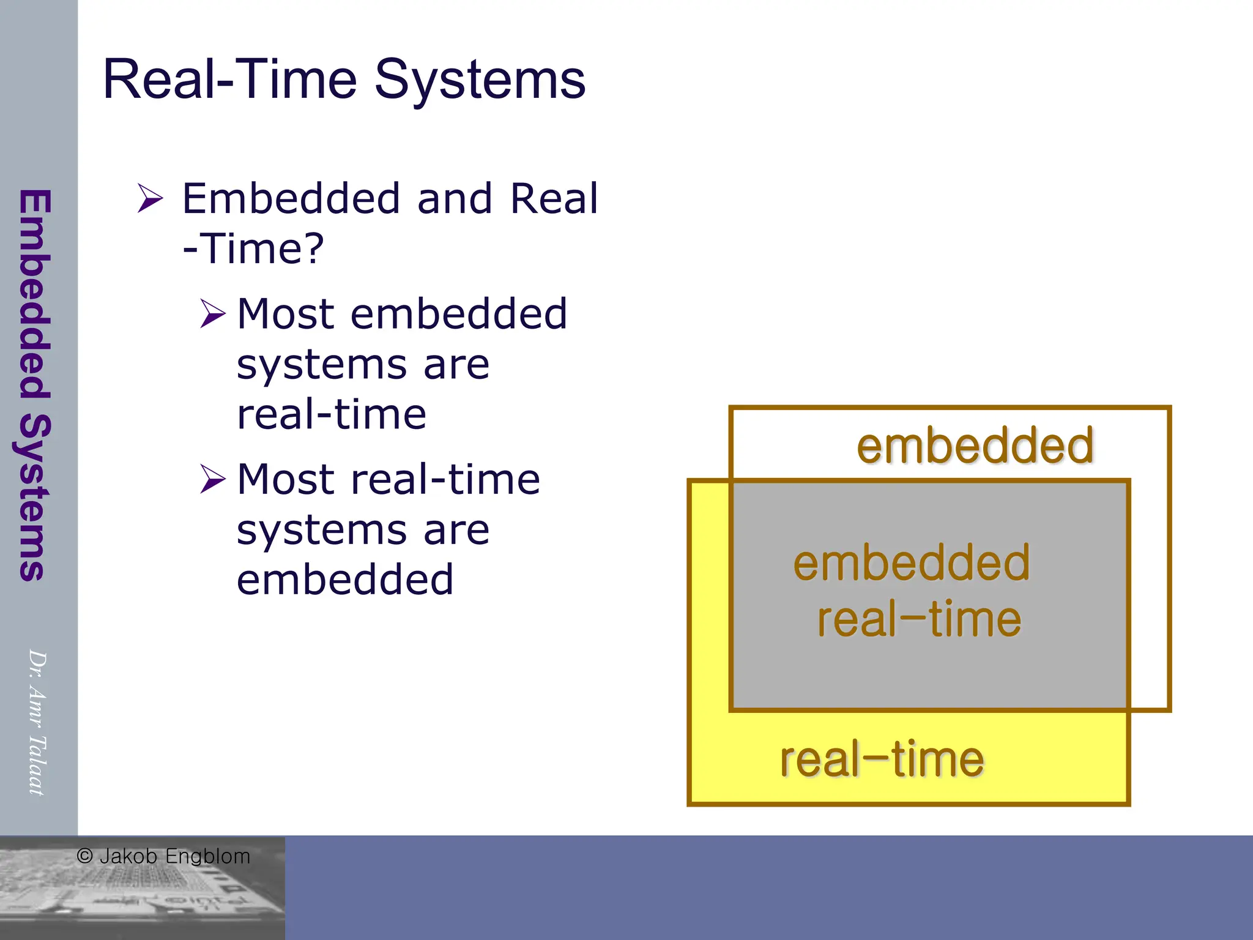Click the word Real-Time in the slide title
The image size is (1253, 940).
coord(229,80)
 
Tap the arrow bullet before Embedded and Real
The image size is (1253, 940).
coord(150,198)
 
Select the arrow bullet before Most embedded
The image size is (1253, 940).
coord(212,314)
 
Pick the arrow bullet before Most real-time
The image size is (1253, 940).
coord(212,479)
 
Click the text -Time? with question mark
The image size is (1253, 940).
coord(253,248)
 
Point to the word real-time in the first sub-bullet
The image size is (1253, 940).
coord(331,415)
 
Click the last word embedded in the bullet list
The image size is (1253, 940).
coord(345,580)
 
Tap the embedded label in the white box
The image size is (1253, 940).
coord(975,446)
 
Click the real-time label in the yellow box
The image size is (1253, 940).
coord(882,759)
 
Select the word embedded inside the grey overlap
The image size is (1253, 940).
coord(912,563)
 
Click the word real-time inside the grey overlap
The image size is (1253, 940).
coord(919,619)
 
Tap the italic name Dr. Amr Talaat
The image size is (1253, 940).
coord(37,722)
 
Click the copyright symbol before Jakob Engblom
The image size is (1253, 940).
coord(85,856)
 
